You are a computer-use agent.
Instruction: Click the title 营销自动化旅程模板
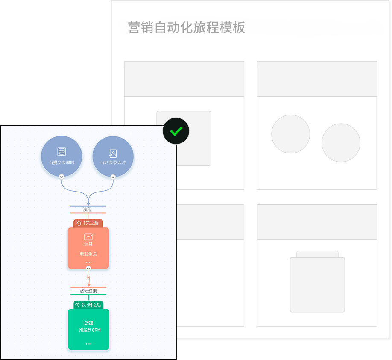pos(187,27)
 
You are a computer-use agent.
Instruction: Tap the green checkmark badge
pos(176,131)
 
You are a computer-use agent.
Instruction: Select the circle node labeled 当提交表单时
pos(61,156)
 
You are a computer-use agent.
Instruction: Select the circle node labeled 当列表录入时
pos(113,156)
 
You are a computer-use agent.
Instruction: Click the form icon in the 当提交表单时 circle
pos(61,151)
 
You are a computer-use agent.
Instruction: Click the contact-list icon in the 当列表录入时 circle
pos(113,153)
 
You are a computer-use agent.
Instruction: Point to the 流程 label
pos(88,210)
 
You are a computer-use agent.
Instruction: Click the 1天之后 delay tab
pos(88,223)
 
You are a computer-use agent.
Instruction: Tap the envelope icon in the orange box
pos(88,237)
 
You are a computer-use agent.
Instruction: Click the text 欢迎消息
pos(88,254)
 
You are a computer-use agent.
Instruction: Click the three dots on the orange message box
pos(88,263)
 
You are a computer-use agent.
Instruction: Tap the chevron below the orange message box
pos(88,269)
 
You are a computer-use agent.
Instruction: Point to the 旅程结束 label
pos(88,291)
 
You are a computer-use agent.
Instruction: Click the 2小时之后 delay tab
pos(88,305)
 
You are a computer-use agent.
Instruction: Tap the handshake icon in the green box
pos(88,323)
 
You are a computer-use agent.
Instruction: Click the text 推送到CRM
pos(90,330)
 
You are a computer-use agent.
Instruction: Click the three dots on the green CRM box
pos(88,344)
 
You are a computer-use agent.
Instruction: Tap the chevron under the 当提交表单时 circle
pos(61,177)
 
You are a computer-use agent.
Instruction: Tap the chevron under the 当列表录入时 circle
pos(113,177)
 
